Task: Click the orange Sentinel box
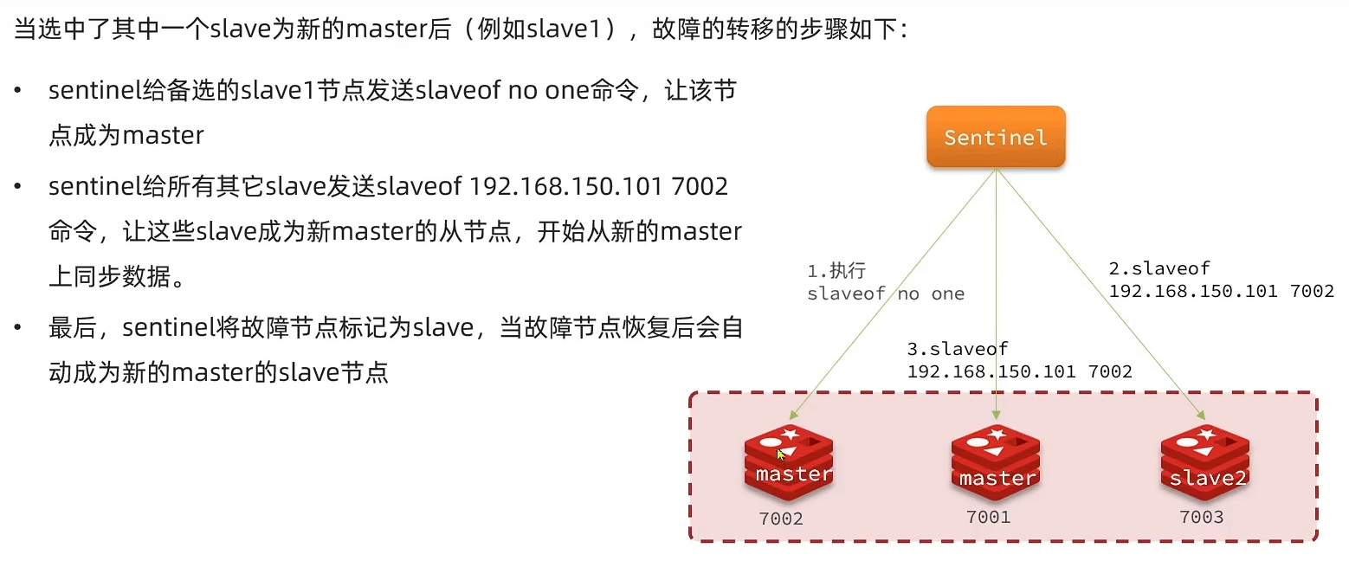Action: [996, 137]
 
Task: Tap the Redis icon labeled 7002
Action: [788, 463]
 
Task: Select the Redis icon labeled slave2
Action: [1204, 463]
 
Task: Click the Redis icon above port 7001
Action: [996, 463]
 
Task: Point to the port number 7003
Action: [1202, 517]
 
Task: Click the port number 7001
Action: [989, 517]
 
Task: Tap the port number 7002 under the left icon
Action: [781, 519]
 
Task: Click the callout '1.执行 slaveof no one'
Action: [885, 282]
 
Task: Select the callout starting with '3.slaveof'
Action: [1019, 360]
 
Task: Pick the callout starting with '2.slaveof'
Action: [1221, 280]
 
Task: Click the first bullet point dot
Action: [18, 91]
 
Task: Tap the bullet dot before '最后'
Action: [18, 329]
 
